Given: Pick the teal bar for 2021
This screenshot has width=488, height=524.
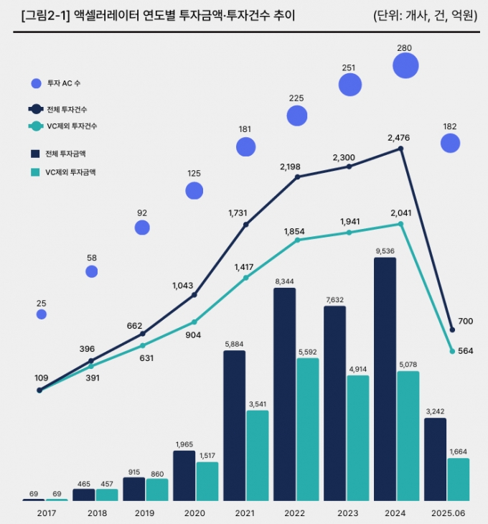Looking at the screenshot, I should (257, 456).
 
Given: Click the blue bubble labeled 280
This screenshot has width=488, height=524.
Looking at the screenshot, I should (405, 66).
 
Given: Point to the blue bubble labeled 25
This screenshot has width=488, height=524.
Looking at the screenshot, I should (42, 314).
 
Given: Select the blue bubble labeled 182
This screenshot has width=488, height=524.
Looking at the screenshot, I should (450, 144).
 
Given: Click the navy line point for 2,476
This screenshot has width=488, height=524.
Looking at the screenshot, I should (400, 149).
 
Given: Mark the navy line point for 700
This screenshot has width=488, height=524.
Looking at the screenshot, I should (452, 329).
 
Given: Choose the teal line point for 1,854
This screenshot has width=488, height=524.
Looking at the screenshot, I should (297, 240).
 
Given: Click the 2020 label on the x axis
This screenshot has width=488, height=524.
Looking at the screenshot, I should (194, 514).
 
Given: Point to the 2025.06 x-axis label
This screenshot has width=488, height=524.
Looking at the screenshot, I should (446, 514).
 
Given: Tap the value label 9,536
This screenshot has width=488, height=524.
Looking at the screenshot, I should (385, 251).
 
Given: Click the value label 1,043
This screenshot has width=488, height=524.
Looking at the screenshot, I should (183, 285).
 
